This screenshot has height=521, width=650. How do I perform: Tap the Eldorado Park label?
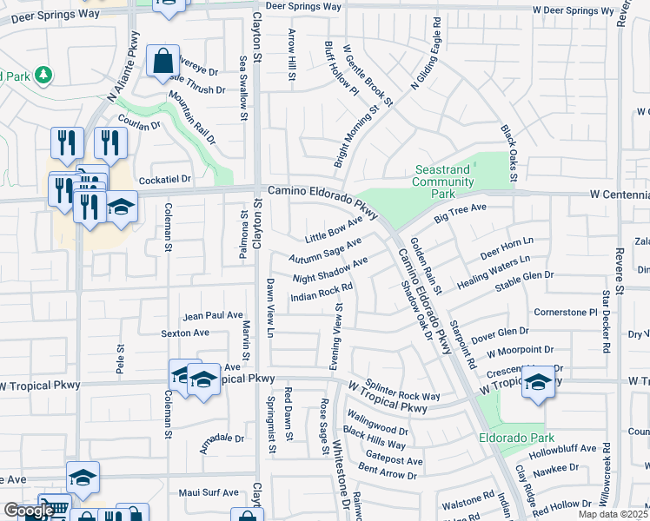[517, 438]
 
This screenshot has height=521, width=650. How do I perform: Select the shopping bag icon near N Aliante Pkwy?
[162, 62]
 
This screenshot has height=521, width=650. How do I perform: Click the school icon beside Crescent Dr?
[538, 383]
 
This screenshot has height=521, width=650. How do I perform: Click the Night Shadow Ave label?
[330, 270]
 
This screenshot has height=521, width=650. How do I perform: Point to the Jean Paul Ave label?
[213, 315]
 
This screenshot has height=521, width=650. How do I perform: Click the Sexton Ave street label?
[185, 333]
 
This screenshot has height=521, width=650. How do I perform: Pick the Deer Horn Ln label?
[506, 246]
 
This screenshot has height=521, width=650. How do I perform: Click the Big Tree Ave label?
[460, 213]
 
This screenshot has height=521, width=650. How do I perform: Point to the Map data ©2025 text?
[614, 515]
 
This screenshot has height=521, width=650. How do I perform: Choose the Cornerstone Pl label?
[566, 312]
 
